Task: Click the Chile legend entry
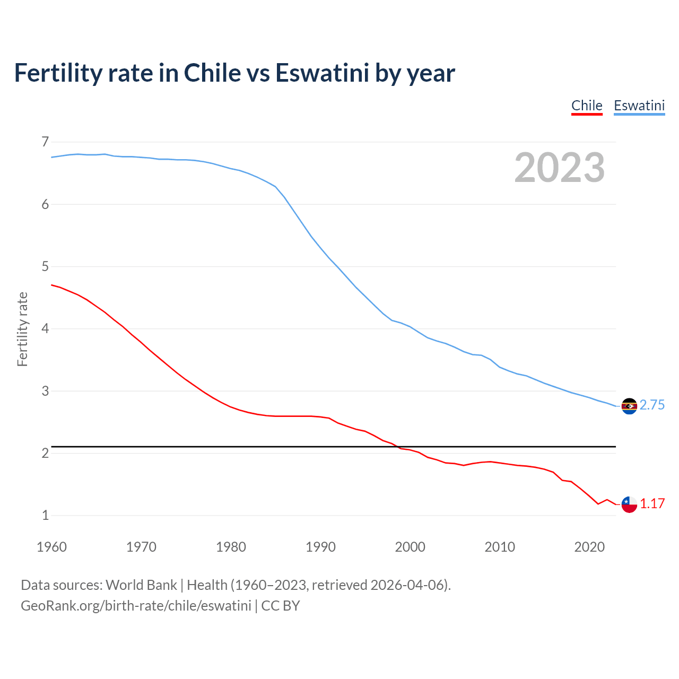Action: coord(587,106)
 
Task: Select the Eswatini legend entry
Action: coord(639,106)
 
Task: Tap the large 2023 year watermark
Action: coord(560,168)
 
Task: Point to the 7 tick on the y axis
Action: coord(45,142)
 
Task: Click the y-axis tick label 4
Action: coord(45,329)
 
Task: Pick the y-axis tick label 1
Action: coord(45,515)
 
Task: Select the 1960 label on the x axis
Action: coord(51,547)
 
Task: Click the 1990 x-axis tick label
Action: coord(320,547)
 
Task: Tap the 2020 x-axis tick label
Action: coord(589,547)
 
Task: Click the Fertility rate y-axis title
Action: coord(22,329)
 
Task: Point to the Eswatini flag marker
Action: coord(629,406)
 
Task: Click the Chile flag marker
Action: coord(629,504)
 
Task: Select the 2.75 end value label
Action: coord(652,405)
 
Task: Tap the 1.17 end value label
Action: coord(652,503)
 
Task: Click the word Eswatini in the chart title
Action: coord(322,73)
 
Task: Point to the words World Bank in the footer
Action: coord(141,585)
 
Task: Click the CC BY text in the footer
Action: coord(281,606)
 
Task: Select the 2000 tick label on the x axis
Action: coord(410,547)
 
